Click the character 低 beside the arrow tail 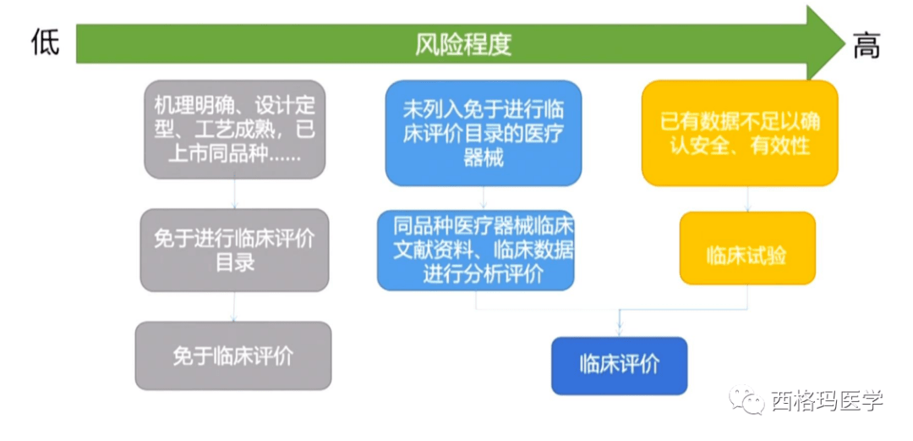pos(46,42)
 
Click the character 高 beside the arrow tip pos(867,45)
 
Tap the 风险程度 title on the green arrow pos(463,44)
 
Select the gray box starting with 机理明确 pos(235,130)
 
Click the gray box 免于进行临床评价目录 pos(235,251)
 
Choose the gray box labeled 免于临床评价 pos(233,356)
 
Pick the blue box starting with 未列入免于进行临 pos(484,134)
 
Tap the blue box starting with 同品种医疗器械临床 pos(476,251)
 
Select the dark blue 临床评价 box pos(620,365)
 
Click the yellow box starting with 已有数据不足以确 pos(740,133)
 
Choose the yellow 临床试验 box pos(747,248)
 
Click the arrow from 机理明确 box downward pos(235,194)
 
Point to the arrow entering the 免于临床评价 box pos(234,306)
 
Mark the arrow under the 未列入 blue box pos(484,198)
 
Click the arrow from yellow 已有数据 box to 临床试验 pos(747,199)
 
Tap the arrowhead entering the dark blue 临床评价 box pos(619,332)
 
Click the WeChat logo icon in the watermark pos(747,400)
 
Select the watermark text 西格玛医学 pos(828,400)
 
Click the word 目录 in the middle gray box pos(235,262)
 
